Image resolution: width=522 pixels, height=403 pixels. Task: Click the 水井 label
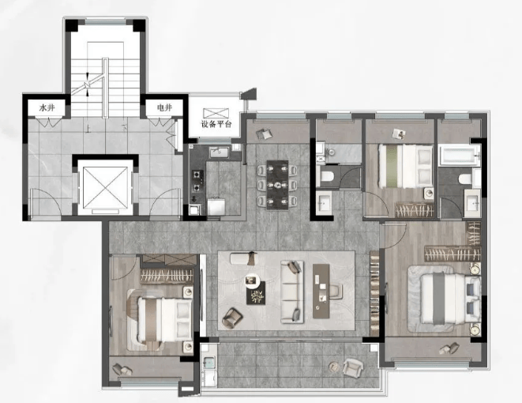[47, 108]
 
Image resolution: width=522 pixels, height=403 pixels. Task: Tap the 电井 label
[164, 107]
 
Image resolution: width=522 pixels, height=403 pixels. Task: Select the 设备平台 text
[216, 125]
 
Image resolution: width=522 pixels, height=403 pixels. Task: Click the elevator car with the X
[105, 187]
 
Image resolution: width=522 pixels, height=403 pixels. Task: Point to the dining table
[277, 185]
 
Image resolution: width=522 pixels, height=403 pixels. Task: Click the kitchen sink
[219, 153]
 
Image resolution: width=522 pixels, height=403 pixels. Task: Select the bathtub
[460, 156]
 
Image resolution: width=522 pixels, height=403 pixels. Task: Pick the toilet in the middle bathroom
[327, 176]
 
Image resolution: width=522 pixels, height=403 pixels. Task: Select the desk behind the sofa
[321, 291]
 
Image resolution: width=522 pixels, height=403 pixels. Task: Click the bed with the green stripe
[405, 165]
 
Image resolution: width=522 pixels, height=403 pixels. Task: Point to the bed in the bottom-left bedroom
[165, 320]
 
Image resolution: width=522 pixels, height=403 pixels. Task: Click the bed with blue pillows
[450, 299]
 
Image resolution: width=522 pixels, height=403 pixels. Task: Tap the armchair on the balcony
[353, 367]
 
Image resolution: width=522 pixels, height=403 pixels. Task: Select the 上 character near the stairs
[88, 128]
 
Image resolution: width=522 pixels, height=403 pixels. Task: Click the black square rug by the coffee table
[256, 293]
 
